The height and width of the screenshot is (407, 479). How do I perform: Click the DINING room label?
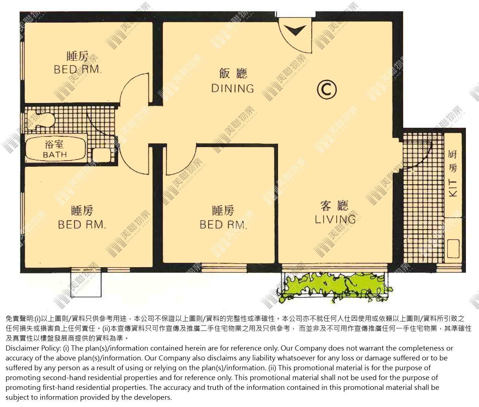[233, 89]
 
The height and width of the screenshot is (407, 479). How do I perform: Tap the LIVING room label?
[335, 220]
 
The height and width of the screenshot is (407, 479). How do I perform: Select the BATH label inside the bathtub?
[55, 155]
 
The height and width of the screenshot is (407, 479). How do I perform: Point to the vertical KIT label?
[453, 189]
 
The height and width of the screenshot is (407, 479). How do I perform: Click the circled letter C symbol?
[327, 90]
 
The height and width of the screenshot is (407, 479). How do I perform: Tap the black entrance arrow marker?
[296, 30]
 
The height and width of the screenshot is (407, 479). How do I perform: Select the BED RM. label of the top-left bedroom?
[78, 69]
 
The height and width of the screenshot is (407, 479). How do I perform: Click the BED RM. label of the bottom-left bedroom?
[82, 225]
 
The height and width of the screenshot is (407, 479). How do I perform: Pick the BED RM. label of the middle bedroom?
[223, 225]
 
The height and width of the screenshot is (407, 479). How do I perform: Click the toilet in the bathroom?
[41, 120]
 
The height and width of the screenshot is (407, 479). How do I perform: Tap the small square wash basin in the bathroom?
[102, 155]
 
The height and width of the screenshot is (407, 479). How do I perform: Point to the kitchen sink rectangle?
[453, 249]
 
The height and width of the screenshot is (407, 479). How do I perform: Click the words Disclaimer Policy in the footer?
[33, 348]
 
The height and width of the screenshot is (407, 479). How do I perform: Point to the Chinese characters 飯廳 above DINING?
[233, 73]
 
